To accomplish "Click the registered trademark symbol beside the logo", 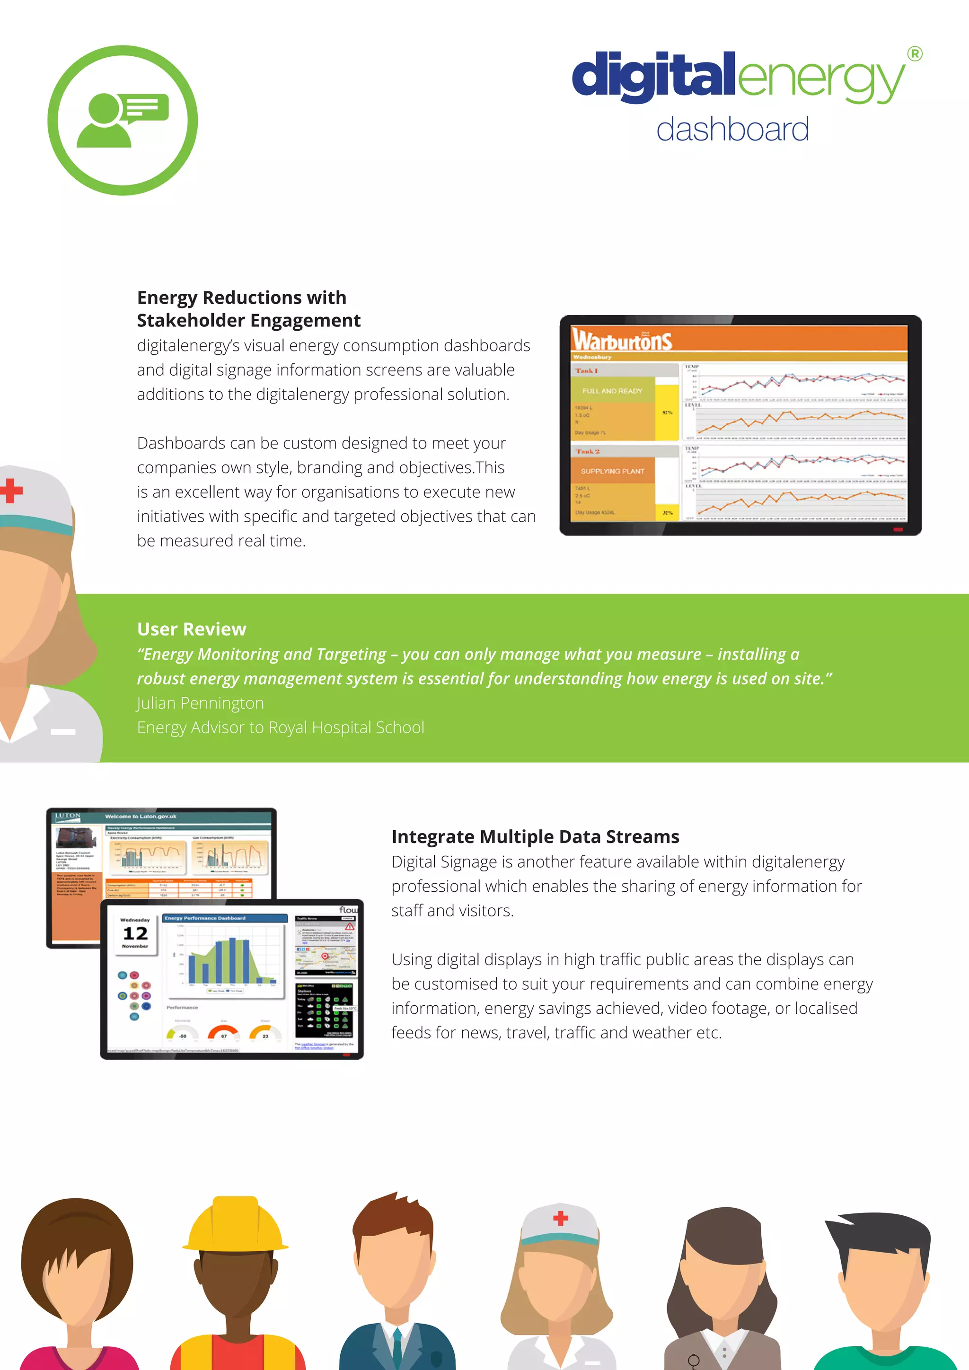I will click(914, 54).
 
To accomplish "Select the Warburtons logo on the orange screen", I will click(622, 340).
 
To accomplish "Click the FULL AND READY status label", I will click(612, 391).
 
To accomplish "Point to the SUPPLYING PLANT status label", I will click(612, 471).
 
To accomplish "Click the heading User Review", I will click(192, 629).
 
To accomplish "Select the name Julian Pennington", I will click(201, 703).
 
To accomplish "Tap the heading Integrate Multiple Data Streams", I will click(535, 836).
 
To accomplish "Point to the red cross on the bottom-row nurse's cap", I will click(560, 1218).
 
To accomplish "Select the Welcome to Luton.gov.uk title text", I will click(141, 816).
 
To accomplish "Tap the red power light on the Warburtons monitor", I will click(898, 529).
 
